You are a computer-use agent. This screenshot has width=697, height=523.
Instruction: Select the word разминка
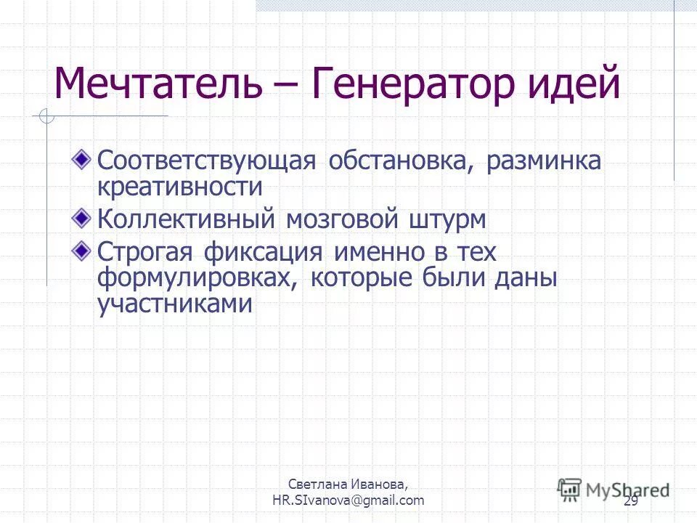544,161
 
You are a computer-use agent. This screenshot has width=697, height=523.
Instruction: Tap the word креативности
179,187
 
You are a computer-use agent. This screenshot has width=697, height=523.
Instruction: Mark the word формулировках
196,279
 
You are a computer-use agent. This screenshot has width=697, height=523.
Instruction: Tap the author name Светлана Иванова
348,484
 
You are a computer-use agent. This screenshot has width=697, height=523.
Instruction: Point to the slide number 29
630,501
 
